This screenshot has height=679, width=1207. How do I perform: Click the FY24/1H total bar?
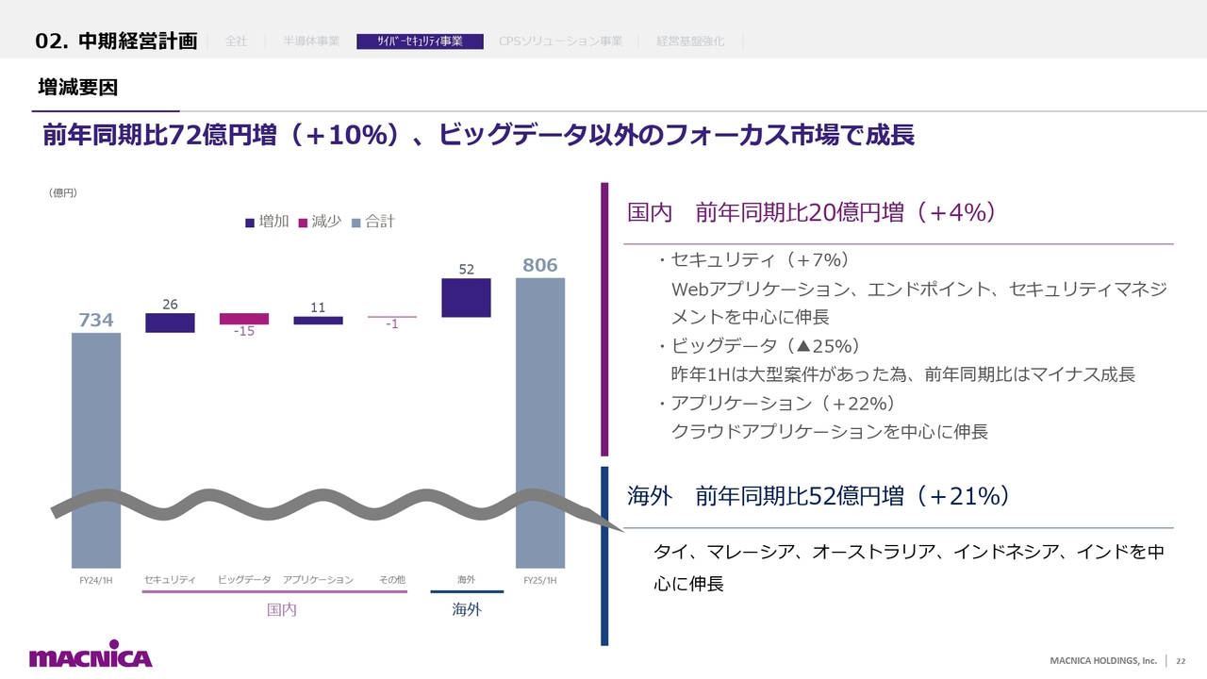coord(96,424)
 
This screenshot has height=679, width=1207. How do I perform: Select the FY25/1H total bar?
coord(540,396)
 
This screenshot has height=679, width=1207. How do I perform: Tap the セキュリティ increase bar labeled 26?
coord(170,323)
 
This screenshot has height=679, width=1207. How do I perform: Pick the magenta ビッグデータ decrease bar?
coord(244,319)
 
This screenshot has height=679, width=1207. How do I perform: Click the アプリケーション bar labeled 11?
coord(318,321)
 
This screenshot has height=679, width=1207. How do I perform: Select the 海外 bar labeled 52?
coord(466,297)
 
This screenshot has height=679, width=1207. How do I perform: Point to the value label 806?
coord(540,266)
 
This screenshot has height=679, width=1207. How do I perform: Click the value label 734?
coord(96,321)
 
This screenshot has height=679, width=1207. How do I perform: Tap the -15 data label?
coord(244,332)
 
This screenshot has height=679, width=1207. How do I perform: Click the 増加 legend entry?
coord(267,222)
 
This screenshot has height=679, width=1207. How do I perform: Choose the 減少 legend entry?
coord(320,222)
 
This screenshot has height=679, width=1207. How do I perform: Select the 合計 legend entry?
coord(373,222)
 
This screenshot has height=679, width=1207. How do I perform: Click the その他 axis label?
coord(392,580)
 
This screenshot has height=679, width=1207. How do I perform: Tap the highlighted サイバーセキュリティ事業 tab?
coord(420,41)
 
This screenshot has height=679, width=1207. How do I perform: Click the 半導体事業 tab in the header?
coord(311,41)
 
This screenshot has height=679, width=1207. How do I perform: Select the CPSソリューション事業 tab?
coord(560,41)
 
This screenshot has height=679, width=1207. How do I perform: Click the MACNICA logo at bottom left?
coord(91,657)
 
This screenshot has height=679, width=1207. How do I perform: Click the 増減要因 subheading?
coord(77,88)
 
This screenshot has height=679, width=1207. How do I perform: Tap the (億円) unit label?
coord(62,193)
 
